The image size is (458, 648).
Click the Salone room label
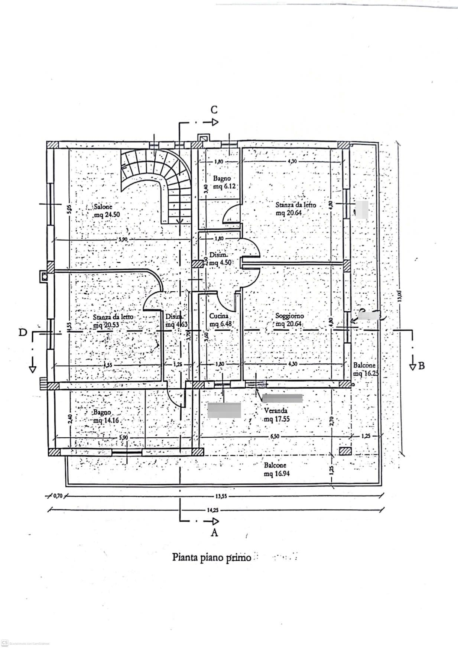(x=103, y=207)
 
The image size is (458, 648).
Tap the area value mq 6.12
(x=224, y=186)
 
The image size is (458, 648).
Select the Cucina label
(x=219, y=316)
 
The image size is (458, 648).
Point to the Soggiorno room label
(x=289, y=316)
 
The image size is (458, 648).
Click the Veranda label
(x=275, y=411)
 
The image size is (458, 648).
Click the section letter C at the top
(x=214, y=110)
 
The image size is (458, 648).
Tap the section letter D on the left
(x=23, y=332)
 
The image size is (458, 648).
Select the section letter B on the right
(x=421, y=366)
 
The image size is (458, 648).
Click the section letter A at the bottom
(x=214, y=532)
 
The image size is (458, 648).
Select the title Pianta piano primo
(x=211, y=557)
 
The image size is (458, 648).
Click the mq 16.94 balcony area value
(x=277, y=473)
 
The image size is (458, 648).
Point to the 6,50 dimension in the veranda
(x=275, y=436)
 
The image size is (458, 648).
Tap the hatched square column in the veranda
(x=345, y=451)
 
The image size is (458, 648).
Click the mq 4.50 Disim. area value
(x=221, y=263)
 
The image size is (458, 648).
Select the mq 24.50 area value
(x=107, y=214)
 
